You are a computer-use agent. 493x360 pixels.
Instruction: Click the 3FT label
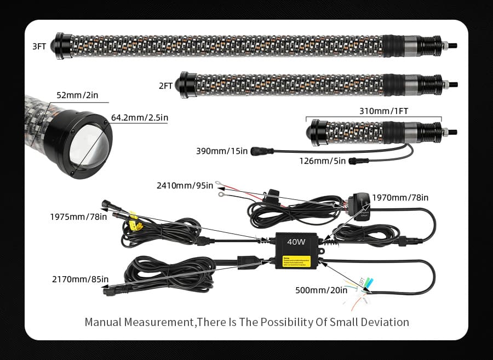pyautogui.click(x=39, y=46)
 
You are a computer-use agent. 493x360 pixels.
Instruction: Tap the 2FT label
pyautogui.click(x=166, y=85)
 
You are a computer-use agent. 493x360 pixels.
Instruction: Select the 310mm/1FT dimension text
pyautogui.click(x=383, y=111)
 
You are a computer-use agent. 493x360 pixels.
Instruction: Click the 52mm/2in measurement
pyautogui.click(x=77, y=95)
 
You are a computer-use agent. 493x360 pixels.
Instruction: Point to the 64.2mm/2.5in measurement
pyautogui.click(x=140, y=117)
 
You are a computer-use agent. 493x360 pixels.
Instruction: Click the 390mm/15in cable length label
pyautogui.click(x=222, y=151)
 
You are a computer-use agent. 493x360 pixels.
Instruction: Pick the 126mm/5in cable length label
pyautogui.click(x=322, y=161)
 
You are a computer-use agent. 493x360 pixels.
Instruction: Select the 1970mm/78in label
pyautogui.click(x=400, y=197)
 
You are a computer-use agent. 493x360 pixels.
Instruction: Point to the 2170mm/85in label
pyautogui.click(x=80, y=279)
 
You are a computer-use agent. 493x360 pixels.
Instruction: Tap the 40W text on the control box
pyautogui.click(x=295, y=241)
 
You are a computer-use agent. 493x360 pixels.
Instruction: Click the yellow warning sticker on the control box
pyautogui.click(x=296, y=261)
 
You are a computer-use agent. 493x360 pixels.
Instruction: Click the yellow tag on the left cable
pyautogui.click(x=134, y=223)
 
